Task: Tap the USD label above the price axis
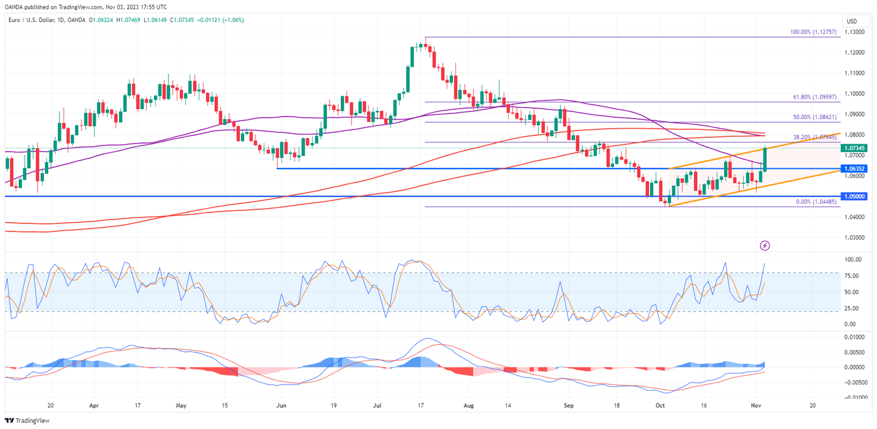[852, 21]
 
